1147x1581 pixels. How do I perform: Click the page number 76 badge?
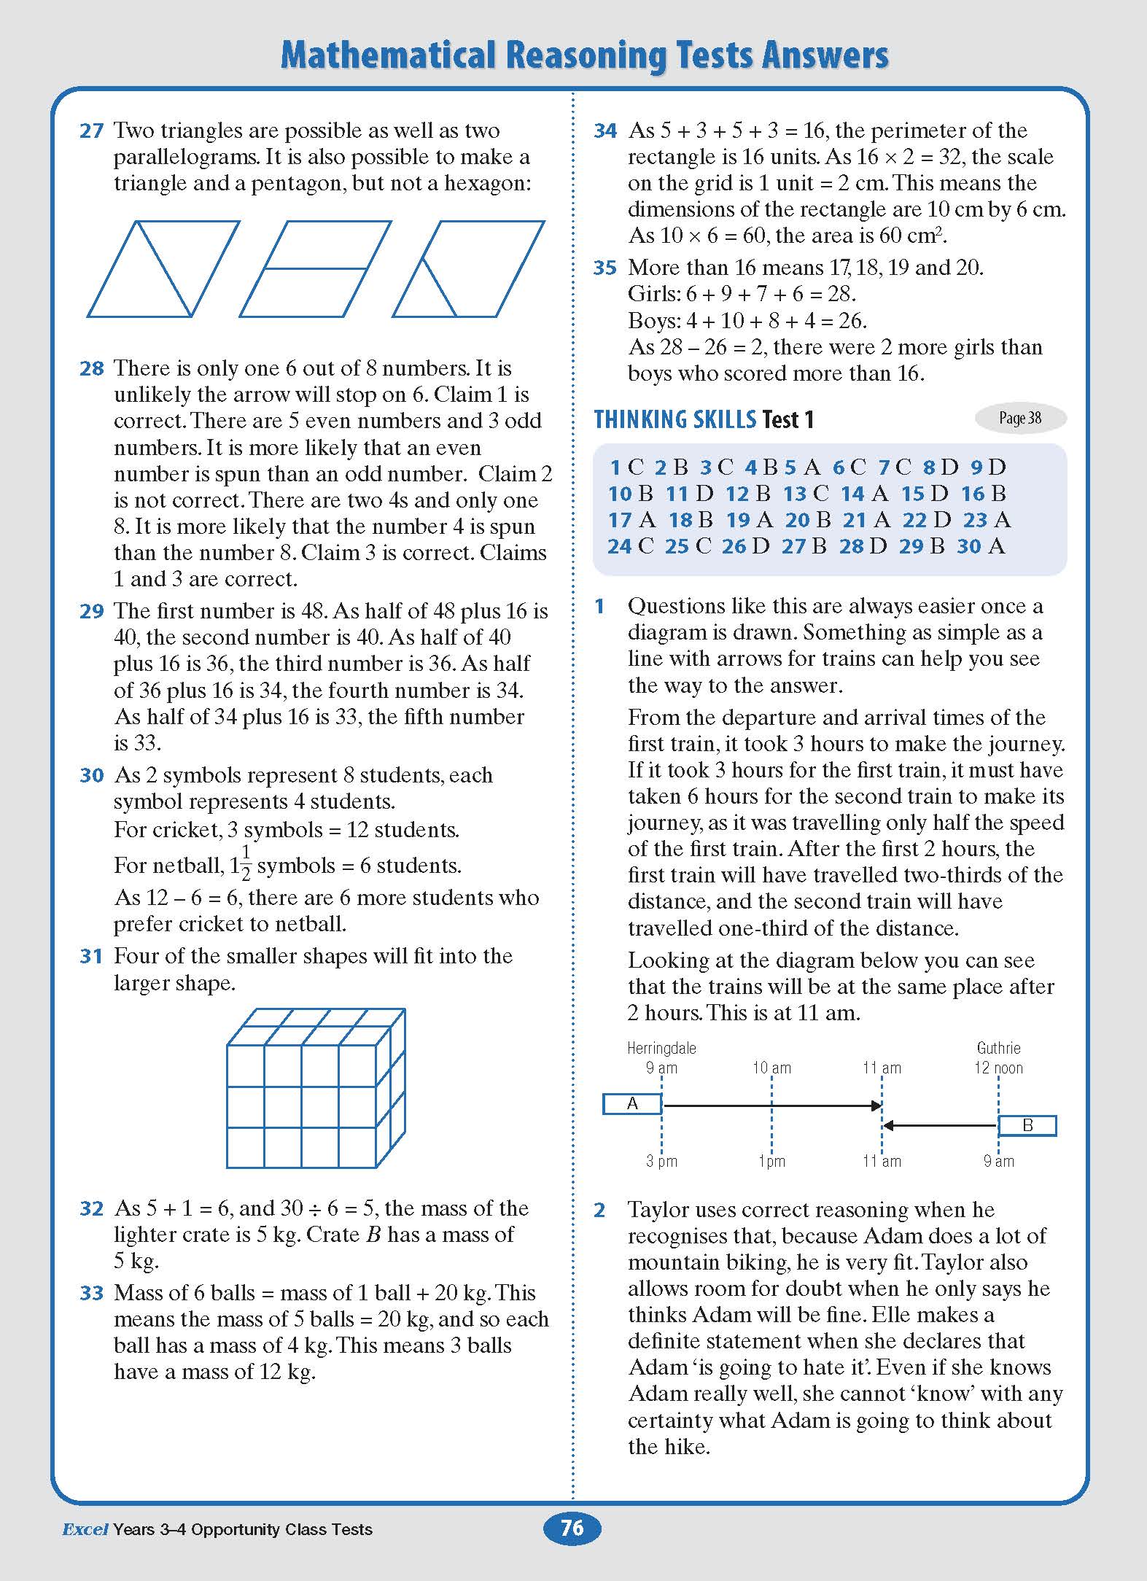(572, 1528)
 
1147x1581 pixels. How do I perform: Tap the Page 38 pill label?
(1019, 419)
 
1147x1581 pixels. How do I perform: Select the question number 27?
(91, 131)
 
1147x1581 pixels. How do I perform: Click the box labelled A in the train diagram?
(632, 1104)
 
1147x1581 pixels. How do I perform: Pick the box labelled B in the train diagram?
(1027, 1126)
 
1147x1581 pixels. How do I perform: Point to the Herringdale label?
(661, 1048)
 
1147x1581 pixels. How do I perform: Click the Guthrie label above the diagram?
(998, 1048)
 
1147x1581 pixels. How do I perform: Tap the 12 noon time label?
(998, 1068)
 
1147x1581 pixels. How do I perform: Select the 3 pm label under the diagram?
(661, 1161)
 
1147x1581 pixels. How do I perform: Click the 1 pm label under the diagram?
(771, 1161)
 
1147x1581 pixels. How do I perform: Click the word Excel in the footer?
(85, 1529)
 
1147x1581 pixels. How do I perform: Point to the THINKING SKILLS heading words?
(674, 420)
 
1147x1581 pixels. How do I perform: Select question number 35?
(605, 268)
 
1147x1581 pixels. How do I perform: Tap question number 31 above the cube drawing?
(91, 957)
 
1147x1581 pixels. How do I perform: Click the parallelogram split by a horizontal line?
(315, 269)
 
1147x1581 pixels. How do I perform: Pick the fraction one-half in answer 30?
(246, 863)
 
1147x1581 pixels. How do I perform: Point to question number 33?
(91, 1294)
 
